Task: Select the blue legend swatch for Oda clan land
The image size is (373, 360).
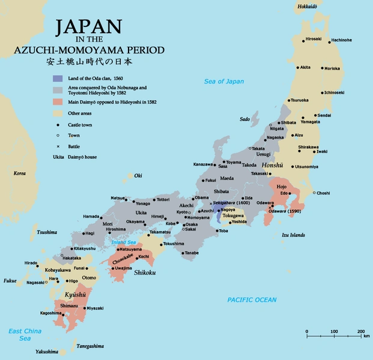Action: [58, 79]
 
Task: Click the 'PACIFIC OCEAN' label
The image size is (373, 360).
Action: [252, 299]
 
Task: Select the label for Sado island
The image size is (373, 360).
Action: [244, 119]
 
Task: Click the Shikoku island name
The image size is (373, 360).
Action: [144, 271]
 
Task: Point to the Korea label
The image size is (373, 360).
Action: [20, 173]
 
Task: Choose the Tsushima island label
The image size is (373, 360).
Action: [47, 232]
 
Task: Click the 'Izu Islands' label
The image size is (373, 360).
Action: [294, 235]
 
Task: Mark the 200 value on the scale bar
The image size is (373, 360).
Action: [361, 332]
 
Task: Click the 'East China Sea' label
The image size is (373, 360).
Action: [23, 334]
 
